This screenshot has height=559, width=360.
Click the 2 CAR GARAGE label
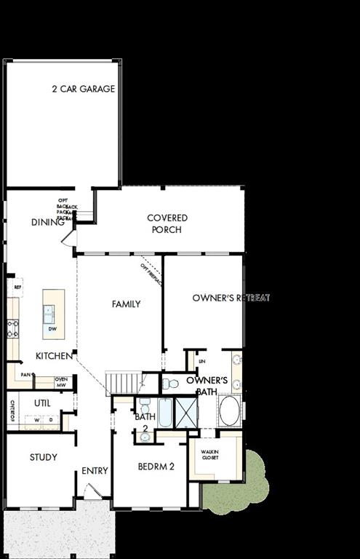click(x=83, y=90)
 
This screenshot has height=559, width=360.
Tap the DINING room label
click(x=48, y=222)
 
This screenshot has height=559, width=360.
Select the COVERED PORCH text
click(x=167, y=223)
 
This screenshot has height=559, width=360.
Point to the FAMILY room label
click(x=126, y=304)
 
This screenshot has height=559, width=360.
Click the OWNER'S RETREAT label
click(x=231, y=298)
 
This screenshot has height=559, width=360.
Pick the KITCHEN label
click(x=54, y=356)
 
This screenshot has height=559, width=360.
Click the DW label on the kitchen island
click(x=52, y=329)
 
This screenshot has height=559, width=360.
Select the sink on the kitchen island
click(x=49, y=314)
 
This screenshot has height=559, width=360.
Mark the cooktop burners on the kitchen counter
click(x=12, y=329)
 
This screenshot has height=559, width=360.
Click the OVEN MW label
click(x=62, y=381)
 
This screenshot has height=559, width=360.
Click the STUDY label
click(x=43, y=458)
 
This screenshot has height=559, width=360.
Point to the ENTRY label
click(x=95, y=471)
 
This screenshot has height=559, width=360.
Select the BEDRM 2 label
click(x=156, y=467)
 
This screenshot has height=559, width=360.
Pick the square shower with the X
click(x=186, y=413)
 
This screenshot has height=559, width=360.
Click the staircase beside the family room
click(x=122, y=382)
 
